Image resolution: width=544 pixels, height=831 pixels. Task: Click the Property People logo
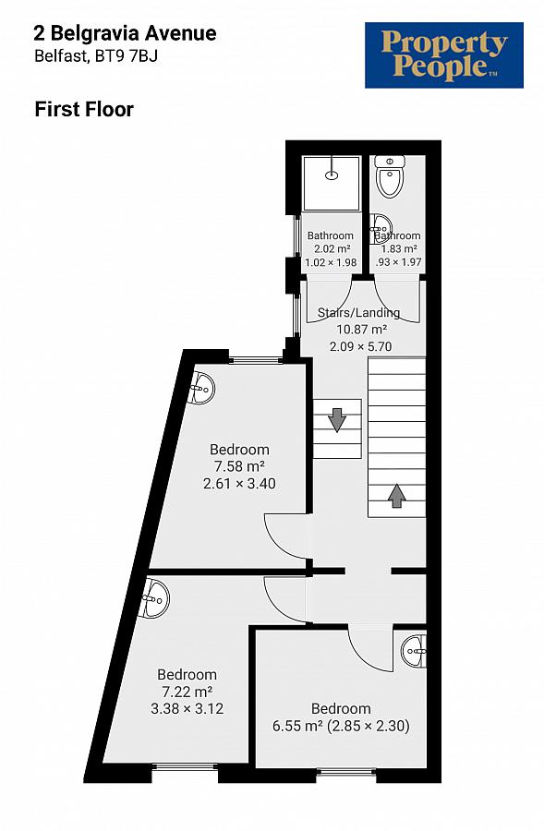click(x=443, y=55)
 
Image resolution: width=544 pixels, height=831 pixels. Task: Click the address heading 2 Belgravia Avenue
click(x=125, y=34)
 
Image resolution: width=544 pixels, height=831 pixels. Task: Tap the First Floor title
click(x=84, y=109)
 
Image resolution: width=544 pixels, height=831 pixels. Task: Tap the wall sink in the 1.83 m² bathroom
click(x=381, y=224)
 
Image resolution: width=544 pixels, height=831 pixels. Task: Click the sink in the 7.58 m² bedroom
click(x=203, y=389)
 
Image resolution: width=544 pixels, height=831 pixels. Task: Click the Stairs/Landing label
click(x=358, y=313)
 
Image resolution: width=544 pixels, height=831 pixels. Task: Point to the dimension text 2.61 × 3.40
click(x=239, y=483)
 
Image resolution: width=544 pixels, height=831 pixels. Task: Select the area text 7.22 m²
click(x=187, y=692)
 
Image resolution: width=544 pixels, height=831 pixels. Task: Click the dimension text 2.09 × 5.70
click(x=361, y=346)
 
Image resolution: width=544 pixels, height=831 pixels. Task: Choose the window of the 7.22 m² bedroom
click(x=185, y=765)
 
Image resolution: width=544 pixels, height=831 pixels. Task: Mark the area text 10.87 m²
click(x=361, y=330)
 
